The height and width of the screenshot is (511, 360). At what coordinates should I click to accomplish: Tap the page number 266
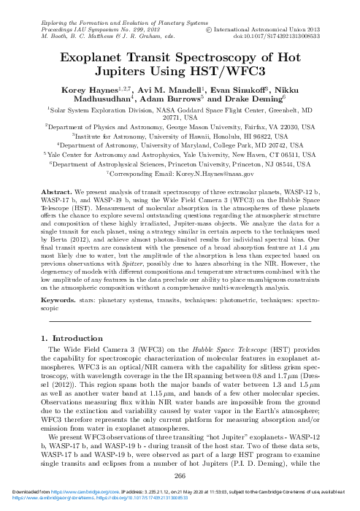tap(180, 476)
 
